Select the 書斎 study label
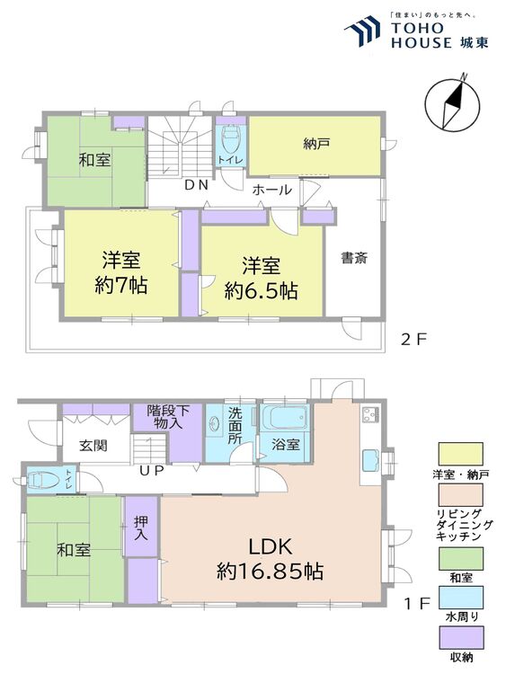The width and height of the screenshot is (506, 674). click(x=353, y=257)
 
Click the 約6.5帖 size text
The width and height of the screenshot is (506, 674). click(x=262, y=290)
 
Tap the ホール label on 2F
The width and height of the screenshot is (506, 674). click(x=271, y=190)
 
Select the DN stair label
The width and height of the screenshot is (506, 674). click(x=196, y=185)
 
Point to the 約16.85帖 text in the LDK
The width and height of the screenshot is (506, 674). click(x=270, y=571)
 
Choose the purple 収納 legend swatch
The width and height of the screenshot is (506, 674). click(x=459, y=638)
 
